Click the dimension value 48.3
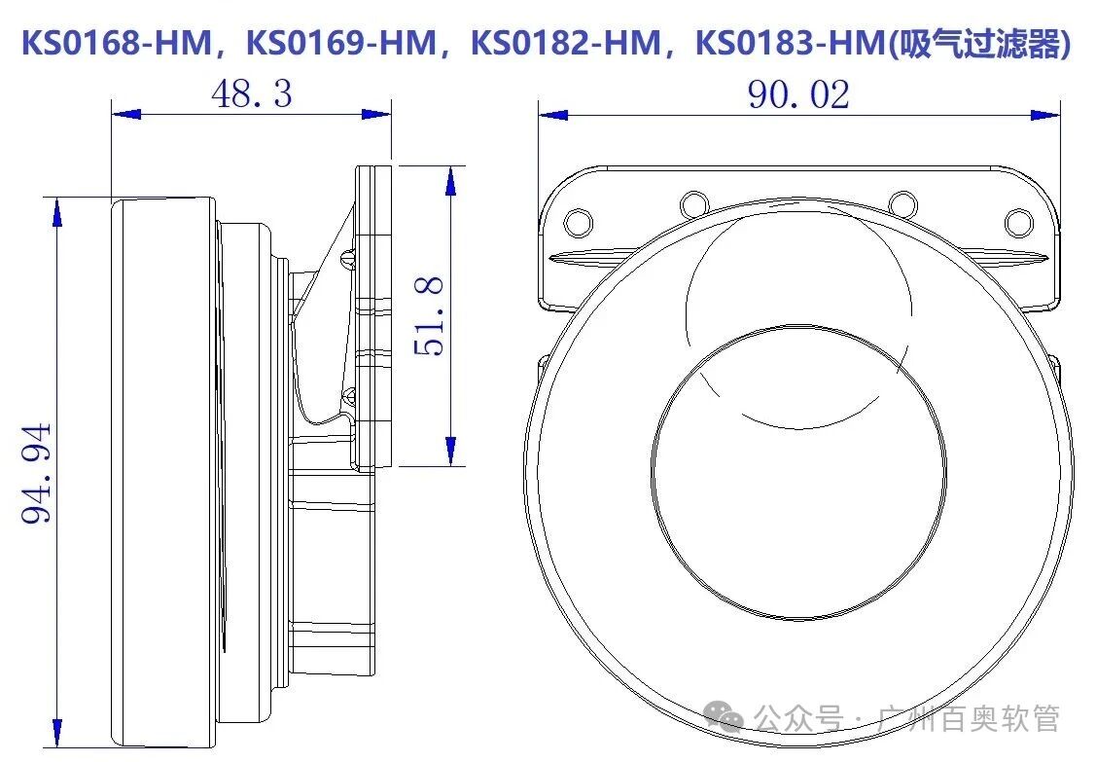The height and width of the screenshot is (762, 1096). pos(251,94)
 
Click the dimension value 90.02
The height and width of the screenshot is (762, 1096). pos(798,94)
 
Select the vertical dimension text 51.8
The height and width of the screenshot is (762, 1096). pos(430,315)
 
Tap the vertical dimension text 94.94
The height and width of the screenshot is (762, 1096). pos(38,473)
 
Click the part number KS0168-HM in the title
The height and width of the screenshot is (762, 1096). pos(116,44)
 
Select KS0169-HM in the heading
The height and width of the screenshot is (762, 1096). pos(341,44)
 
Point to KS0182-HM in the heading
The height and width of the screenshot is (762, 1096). pos(567,44)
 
